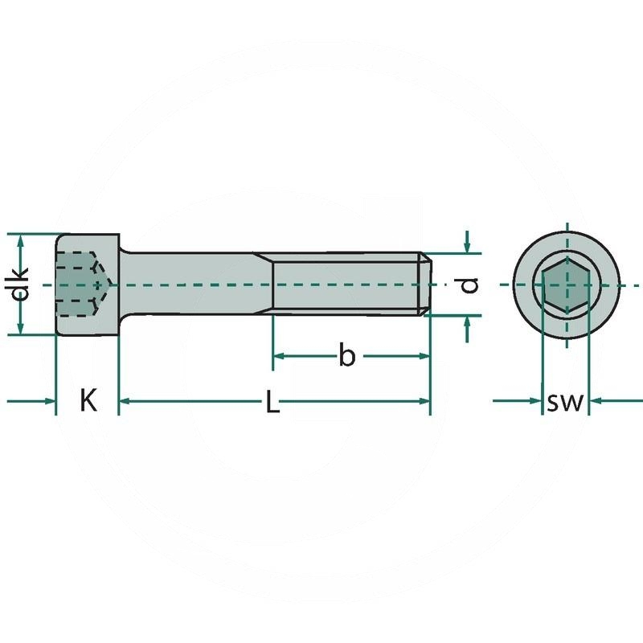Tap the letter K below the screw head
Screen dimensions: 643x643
point(88,400)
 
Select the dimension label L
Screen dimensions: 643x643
point(273,403)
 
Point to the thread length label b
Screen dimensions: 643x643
point(346,354)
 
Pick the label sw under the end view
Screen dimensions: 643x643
point(564,401)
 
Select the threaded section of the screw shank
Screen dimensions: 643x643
point(346,285)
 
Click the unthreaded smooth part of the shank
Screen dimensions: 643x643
point(193,285)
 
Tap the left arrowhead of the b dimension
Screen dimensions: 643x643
point(278,355)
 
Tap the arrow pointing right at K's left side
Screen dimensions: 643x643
point(49,399)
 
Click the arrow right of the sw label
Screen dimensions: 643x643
point(597,399)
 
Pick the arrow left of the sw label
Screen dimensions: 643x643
point(534,399)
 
